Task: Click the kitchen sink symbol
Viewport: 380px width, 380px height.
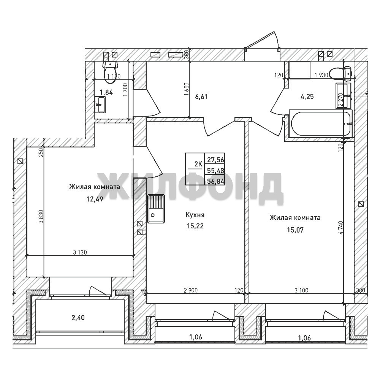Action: click(156, 209)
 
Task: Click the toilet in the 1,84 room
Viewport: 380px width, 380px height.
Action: click(110, 72)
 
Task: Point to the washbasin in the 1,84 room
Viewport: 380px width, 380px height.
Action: click(100, 105)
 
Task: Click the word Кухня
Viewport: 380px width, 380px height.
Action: click(195, 215)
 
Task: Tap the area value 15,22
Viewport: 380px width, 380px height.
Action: click(195, 226)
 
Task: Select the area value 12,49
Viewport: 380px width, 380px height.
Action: click(95, 199)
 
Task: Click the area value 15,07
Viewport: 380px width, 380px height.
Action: click(295, 230)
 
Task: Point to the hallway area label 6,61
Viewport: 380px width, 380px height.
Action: click(201, 97)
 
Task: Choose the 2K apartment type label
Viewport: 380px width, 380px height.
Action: click(198, 164)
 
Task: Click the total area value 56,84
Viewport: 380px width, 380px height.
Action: click(215, 181)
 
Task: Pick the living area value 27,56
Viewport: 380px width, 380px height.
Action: click(215, 160)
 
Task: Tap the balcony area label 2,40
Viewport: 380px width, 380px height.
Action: click(78, 317)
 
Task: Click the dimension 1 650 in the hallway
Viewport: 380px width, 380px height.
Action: click(186, 90)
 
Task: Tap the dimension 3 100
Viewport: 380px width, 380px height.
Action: click(301, 290)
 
